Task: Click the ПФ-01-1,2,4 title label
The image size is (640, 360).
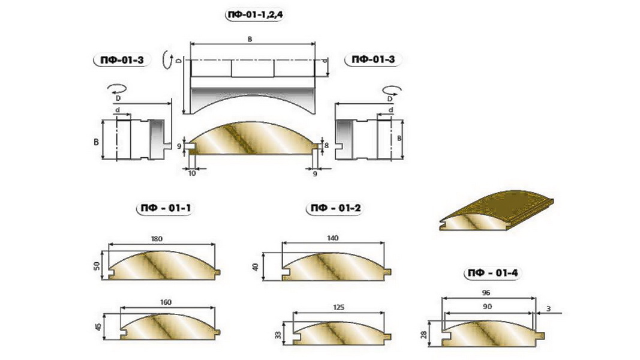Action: tap(254, 15)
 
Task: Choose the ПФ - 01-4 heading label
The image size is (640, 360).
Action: tap(492, 272)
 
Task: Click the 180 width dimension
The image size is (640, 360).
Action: tap(157, 239)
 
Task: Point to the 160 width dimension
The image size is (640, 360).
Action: tap(166, 302)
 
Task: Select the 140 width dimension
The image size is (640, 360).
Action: tap(333, 238)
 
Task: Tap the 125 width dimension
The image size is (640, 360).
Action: tap(338, 307)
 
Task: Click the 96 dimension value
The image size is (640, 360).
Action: tap(486, 293)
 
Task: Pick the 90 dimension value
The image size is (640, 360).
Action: tap(487, 307)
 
